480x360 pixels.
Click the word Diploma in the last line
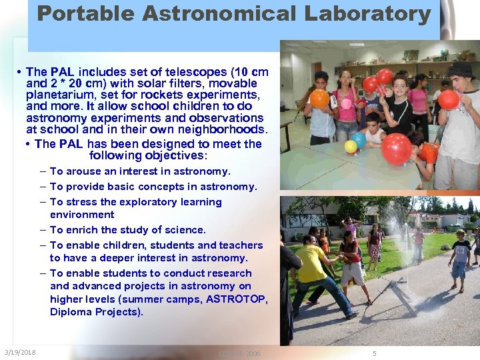(x=70, y=312)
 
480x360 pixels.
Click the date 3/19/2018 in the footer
(x=20, y=353)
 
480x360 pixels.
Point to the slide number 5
(x=374, y=353)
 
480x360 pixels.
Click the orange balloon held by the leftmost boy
(x=319, y=99)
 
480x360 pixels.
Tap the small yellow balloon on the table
(x=349, y=145)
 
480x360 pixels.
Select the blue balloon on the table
(x=359, y=140)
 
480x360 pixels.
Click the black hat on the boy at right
(x=459, y=69)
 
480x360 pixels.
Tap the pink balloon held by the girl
(x=346, y=103)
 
